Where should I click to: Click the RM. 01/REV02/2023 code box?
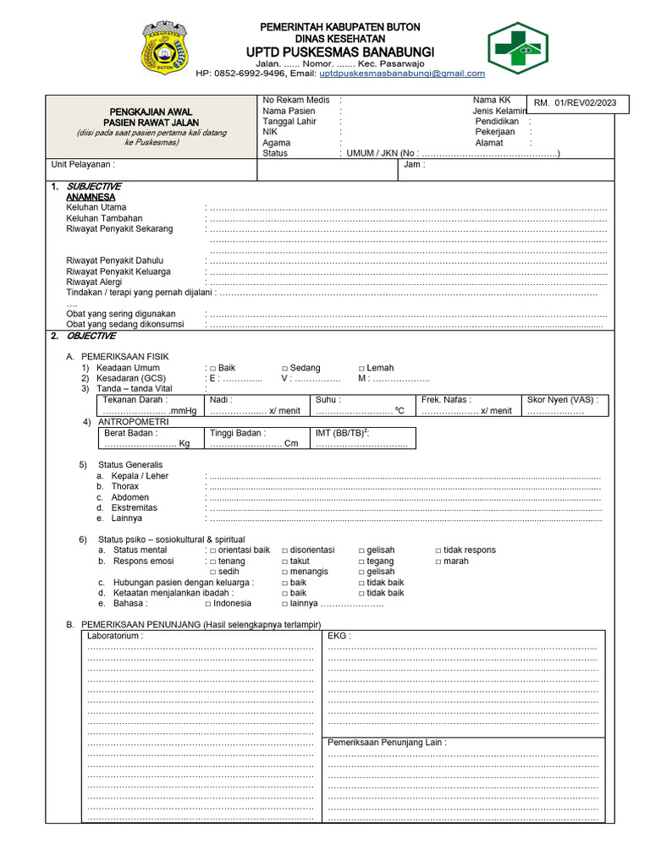click(x=575, y=103)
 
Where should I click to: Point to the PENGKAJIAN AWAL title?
click(x=151, y=112)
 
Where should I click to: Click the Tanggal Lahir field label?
click(x=289, y=121)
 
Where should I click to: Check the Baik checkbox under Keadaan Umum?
click(x=213, y=368)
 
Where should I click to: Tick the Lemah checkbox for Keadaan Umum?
click(x=362, y=368)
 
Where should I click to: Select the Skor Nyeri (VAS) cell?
click(x=564, y=405)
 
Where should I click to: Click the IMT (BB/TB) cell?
click(x=363, y=438)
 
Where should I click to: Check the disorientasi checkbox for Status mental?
click(x=285, y=551)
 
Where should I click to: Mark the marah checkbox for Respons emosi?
click(x=438, y=562)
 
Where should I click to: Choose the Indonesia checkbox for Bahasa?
click(x=208, y=604)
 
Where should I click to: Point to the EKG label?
click(x=339, y=635)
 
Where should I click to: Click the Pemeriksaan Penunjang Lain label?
click(x=387, y=743)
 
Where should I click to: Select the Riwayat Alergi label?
click(x=100, y=282)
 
